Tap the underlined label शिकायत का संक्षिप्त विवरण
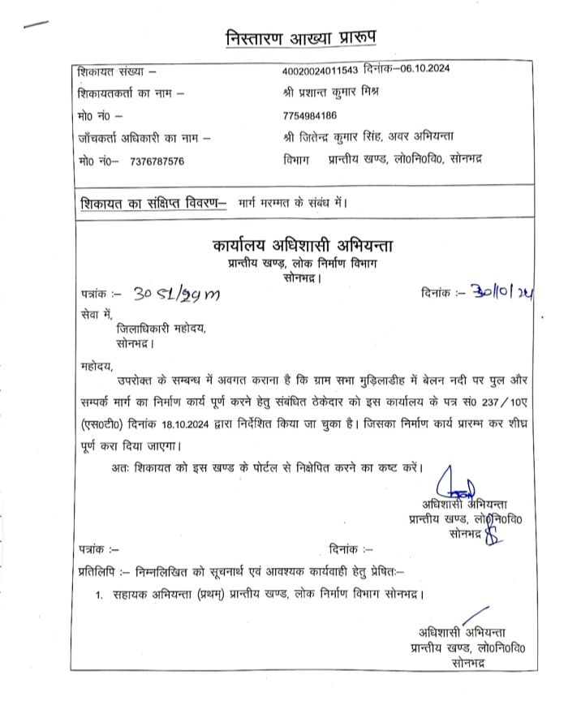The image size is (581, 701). coord(152,200)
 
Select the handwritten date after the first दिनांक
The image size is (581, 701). coord(503,291)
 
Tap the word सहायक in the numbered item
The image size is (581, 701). coord(133,595)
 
